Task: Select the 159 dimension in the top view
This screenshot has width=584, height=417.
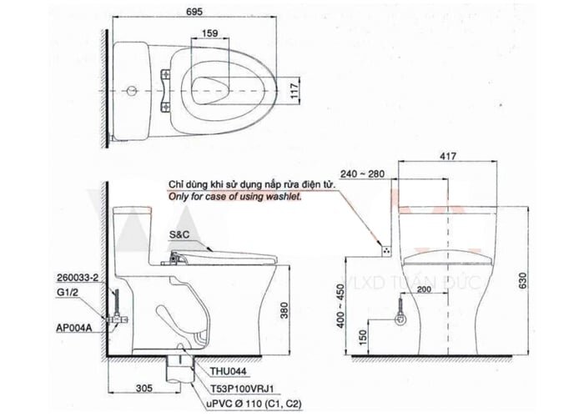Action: [x=209, y=34]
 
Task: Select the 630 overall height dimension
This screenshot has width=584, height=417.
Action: [x=523, y=281]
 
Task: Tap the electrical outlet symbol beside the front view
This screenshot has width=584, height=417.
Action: [x=385, y=248]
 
